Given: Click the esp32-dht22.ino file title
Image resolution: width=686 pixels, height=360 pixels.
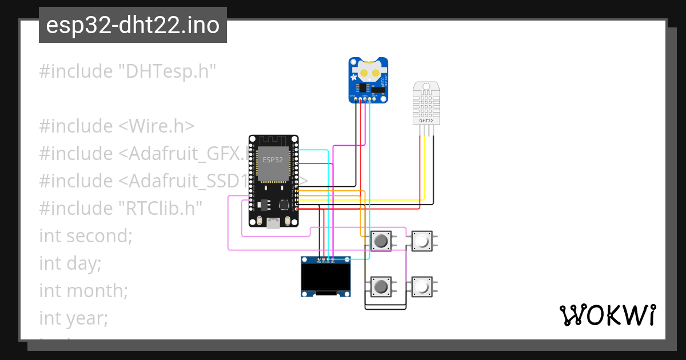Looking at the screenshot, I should click(133, 26).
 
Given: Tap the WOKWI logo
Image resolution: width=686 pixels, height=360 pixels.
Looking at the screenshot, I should click(607, 315).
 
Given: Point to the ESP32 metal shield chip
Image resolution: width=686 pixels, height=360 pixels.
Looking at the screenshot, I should click(273, 159).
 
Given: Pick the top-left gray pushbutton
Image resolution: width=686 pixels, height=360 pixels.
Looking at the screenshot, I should click(381, 241).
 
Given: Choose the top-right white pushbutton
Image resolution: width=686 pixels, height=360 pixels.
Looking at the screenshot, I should click(422, 241).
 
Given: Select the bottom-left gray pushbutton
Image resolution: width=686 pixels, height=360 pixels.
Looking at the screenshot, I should click(381, 286).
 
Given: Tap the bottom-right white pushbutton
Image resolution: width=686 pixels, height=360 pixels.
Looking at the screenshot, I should click(422, 286).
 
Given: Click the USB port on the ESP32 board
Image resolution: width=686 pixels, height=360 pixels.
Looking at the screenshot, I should click(274, 223).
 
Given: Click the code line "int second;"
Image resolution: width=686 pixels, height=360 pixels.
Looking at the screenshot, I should click(86, 235).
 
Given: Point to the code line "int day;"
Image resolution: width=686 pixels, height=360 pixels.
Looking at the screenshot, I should click(70, 263).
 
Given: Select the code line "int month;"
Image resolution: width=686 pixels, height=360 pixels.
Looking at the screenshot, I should click(83, 290).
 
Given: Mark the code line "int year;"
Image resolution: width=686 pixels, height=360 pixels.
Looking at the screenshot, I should click(73, 318).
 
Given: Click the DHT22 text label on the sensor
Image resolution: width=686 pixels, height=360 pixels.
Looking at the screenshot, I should click(426, 121).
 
